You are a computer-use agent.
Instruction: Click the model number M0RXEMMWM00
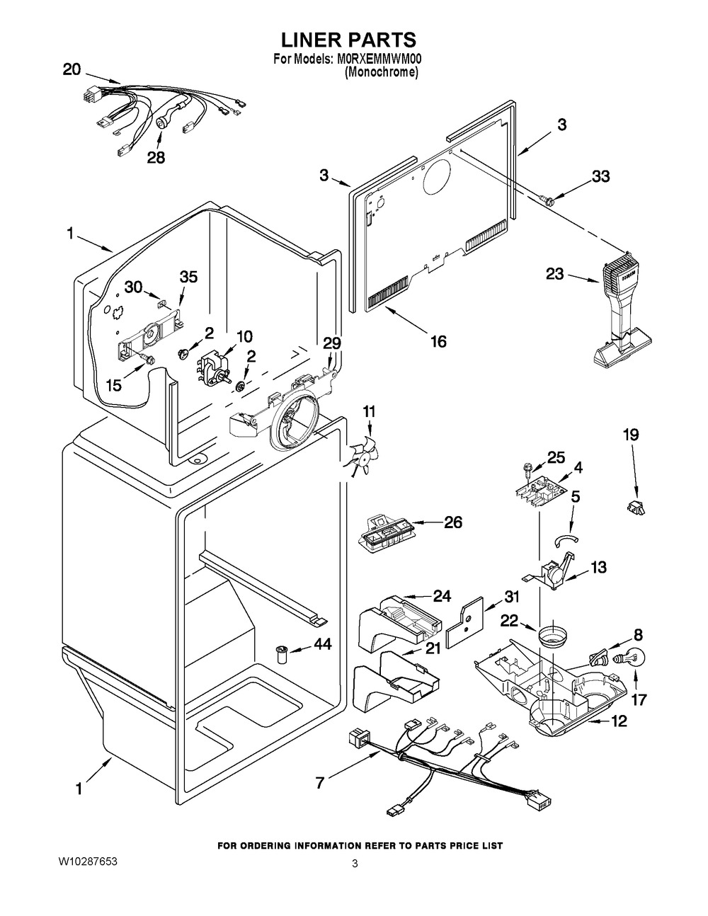[378, 60]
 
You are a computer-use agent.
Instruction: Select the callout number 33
[600, 177]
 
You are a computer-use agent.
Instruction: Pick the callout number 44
[322, 644]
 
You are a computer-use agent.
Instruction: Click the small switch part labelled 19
[635, 505]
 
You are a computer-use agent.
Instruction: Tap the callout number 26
[452, 522]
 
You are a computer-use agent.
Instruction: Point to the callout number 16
[438, 341]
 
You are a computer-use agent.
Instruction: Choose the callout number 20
[72, 69]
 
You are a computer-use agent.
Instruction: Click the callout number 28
[156, 157]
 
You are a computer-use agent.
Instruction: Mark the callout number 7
[320, 784]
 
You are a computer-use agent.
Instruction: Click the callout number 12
[619, 721]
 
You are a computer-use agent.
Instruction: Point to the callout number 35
[188, 277]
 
